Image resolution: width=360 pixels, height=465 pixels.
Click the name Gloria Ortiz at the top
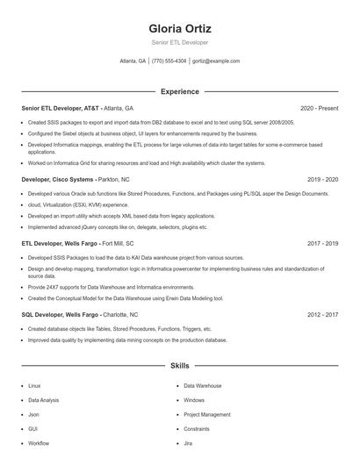[180, 28]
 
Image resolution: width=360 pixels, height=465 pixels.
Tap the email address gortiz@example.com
[215, 61]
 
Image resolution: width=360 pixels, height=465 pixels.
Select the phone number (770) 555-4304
[169, 61]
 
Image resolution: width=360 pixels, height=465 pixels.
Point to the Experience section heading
[180, 91]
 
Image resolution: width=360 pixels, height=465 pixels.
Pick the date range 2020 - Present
[319, 108]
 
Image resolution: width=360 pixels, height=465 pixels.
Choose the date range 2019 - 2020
[322, 178]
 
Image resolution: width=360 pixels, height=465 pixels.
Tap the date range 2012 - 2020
[322, 314]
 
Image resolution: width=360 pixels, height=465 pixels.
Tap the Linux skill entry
[34, 385]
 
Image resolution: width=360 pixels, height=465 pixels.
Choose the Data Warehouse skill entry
[202, 385]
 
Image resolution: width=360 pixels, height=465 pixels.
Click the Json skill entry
[33, 414]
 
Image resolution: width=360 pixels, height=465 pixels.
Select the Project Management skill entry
[206, 414]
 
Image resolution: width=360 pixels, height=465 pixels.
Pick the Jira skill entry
[188, 443]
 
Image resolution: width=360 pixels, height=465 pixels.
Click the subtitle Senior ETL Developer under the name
[180, 42]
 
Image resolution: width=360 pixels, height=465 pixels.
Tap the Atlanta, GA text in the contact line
[133, 61]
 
